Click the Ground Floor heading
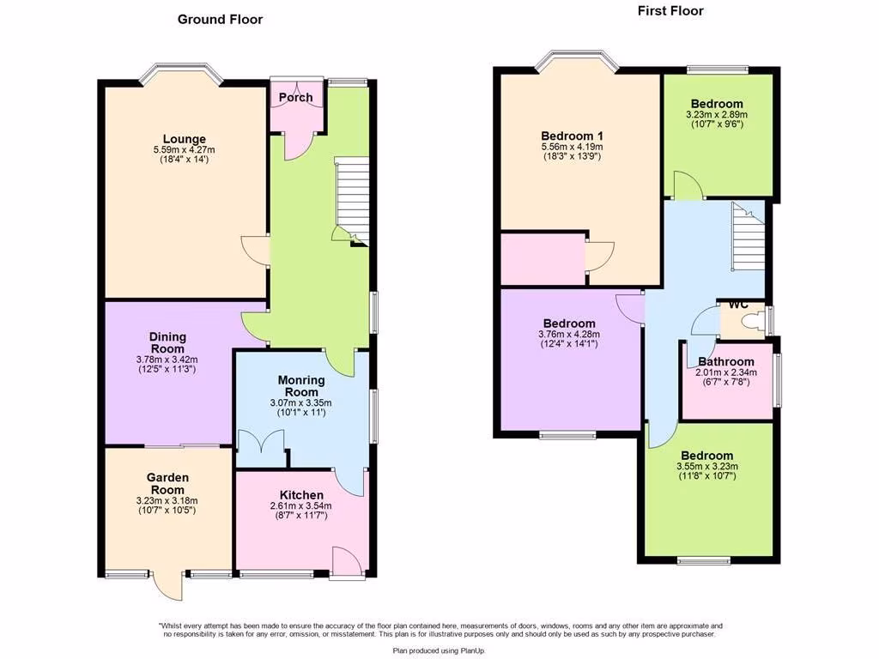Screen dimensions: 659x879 220,19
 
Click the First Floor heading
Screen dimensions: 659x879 670,11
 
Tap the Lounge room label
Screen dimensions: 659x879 185,139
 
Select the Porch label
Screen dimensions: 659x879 295,98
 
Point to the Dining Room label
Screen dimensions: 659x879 167,343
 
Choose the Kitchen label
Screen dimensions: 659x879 301,495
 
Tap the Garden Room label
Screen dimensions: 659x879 167,484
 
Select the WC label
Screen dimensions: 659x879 738,305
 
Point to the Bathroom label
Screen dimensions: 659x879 725,362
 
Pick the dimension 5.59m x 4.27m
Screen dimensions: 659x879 185,151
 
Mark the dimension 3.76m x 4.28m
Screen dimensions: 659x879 568,335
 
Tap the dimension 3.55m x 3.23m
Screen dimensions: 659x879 707,467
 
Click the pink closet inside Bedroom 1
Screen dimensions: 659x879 543,258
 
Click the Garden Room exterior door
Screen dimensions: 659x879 170,587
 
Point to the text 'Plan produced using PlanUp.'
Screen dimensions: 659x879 439,651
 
